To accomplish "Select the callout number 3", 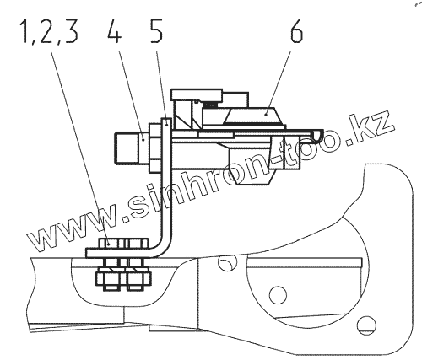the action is (71, 32).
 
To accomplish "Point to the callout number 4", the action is (114, 32).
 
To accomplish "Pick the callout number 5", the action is (156, 32).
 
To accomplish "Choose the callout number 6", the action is (296, 32).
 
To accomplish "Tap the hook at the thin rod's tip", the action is (317, 135).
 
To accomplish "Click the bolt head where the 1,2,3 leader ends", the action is (110, 243).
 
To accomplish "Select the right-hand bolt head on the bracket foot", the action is (138, 243).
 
